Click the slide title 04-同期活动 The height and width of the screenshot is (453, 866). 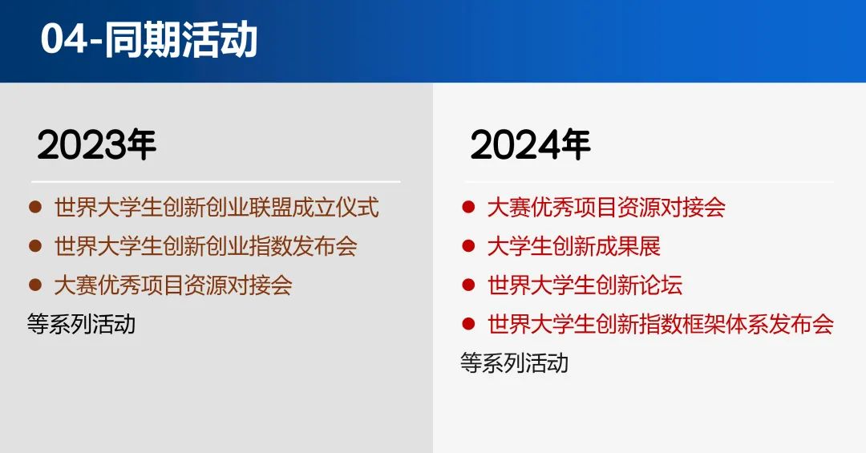pyautogui.click(x=149, y=39)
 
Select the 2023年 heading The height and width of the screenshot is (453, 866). pyautogui.click(x=97, y=145)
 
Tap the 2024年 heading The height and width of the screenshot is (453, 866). pyautogui.click(x=530, y=145)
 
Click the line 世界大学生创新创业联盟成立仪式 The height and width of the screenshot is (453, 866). pyautogui.click(x=216, y=207)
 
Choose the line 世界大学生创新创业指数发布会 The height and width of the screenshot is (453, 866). pyautogui.click(x=206, y=246)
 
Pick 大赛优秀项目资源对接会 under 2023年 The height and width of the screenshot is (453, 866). pyautogui.click(x=173, y=285)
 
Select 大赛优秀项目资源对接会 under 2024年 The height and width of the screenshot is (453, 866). pyautogui.click(x=606, y=207)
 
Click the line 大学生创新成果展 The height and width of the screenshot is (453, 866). pyautogui.click(x=574, y=246)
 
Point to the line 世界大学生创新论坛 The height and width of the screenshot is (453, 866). pyautogui.click(x=585, y=285)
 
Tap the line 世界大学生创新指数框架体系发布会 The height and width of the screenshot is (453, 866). pyautogui.click(x=661, y=324)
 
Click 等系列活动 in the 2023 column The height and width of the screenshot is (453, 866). pyautogui.click(x=81, y=324)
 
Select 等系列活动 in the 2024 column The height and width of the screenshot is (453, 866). pyautogui.click(x=514, y=363)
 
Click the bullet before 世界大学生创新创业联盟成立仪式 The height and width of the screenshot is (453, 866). pyautogui.click(x=35, y=207)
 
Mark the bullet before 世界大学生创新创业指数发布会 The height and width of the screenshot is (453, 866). pyautogui.click(x=35, y=246)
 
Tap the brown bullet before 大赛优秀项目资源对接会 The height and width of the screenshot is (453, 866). pyautogui.click(x=35, y=285)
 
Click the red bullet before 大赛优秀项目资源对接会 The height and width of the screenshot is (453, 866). pyautogui.click(x=468, y=207)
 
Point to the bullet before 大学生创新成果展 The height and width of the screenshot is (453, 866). pyautogui.click(x=468, y=246)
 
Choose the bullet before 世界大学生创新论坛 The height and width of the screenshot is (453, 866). pyautogui.click(x=468, y=285)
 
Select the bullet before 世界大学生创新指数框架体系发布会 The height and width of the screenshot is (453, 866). pyautogui.click(x=468, y=324)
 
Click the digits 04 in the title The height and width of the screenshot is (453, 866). pyautogui.click(x=64, y=39)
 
